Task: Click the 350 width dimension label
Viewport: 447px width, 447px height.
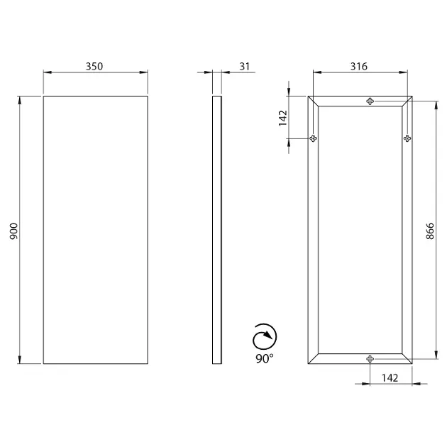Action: coord(94,67)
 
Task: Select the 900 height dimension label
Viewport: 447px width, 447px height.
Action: coord(13,231)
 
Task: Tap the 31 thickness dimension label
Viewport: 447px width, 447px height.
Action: coord(245,67)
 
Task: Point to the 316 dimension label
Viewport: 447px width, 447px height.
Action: coord(358,67)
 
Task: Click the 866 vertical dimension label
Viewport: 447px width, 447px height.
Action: coord(429,231)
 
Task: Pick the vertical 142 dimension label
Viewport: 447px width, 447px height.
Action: coord(283,118)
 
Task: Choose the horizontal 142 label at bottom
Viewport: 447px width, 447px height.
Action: coord(390,377)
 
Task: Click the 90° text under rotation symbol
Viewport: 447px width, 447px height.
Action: coord(264,358)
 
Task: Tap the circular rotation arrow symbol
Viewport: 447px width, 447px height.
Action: coord(265,337)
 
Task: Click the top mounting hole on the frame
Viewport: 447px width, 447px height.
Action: coord(370,101)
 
